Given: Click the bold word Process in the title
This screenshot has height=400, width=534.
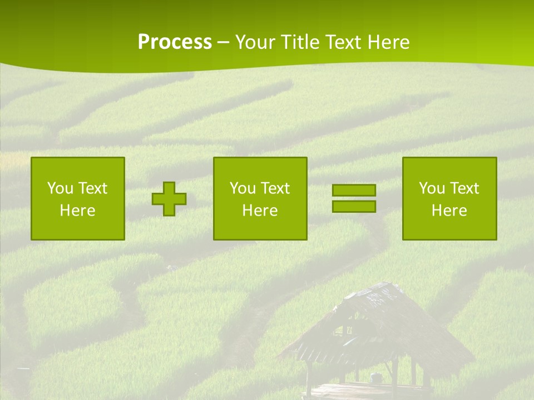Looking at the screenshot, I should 175,42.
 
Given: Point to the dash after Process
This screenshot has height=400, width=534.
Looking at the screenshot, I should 224,43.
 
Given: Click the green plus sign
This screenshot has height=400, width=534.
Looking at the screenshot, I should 169,199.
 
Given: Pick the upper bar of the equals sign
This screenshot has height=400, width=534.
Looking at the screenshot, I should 354,190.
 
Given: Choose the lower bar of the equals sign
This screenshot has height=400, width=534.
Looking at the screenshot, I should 354,206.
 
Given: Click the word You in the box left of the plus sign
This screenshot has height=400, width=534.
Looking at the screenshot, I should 60,188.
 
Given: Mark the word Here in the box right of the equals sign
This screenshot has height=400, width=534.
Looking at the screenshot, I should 449,211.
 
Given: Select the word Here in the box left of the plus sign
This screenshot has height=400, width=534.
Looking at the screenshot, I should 78,211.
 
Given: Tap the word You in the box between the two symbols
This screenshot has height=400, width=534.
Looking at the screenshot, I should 243,188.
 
